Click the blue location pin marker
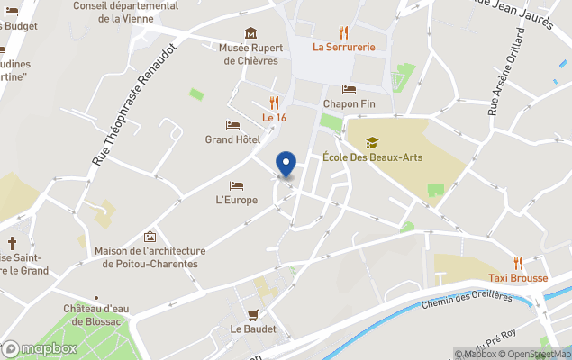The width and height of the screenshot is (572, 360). click(x=286, y=164)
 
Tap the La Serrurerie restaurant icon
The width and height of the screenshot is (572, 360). click(x=343, y=31)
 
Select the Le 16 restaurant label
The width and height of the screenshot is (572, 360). click(x=274, y=117)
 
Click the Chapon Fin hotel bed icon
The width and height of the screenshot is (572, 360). click(x=349, y=89)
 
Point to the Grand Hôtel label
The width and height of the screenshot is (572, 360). click(x=232, y=139)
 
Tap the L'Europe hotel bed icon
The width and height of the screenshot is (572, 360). click(x=236, y=184)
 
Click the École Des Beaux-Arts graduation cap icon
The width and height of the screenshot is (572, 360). click(x=372, y=142)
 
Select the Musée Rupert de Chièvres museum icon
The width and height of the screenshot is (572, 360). click(x=250, y=32)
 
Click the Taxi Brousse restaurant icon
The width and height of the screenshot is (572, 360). click(x=517, y=263)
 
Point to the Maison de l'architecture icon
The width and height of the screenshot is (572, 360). click(x=150, y=237)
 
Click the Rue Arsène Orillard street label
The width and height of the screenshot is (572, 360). click(x=505, y=72)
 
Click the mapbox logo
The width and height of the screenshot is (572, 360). click(x=40, y=348)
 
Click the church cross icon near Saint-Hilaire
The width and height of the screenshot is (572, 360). click(x=12, y=243)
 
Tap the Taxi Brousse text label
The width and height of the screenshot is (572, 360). click(x=518, y=278)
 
